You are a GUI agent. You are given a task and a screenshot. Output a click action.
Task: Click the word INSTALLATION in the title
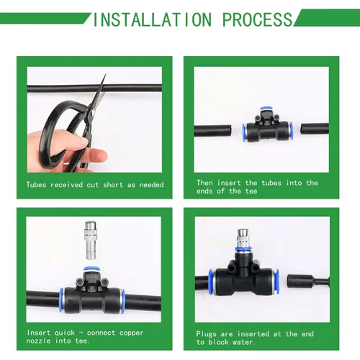[153, 19]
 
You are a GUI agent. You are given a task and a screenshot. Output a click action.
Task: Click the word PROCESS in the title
[258, 19]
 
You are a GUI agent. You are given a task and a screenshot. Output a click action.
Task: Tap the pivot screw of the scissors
[93, 112]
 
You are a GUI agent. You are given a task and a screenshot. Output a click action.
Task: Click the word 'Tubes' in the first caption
[36, 185]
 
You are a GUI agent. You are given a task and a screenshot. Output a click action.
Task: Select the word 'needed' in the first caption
[151, 185]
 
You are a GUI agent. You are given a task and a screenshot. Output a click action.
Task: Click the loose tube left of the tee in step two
[213, 130]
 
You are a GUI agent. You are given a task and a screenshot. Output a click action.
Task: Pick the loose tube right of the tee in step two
[315, 129]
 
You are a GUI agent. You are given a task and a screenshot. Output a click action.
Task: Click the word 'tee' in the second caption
[251, 192]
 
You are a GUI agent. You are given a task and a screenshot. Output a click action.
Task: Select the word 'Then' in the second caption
[204, 183]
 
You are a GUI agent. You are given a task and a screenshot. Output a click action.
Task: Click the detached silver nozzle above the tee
[91, 240]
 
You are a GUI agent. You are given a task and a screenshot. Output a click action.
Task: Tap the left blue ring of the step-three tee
[61, 300]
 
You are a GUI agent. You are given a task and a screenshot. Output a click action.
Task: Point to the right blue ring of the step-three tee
[123, 301]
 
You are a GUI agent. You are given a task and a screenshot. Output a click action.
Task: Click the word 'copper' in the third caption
[131, 333]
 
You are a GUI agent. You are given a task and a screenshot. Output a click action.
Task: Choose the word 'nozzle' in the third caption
[38, 341]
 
